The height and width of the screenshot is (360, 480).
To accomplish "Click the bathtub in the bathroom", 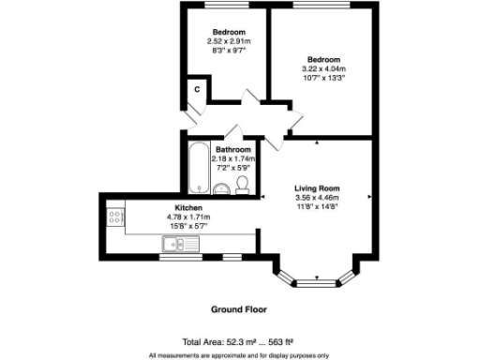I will click(198, 170).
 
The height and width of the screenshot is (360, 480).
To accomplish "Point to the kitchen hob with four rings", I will click(116, 217).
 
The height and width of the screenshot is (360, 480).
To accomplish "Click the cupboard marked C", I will click(195, 90).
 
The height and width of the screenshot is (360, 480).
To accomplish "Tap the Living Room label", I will click(316, 187).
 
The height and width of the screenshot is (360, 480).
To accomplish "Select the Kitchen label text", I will click(189, 207).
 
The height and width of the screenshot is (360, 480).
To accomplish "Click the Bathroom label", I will click(233, 150).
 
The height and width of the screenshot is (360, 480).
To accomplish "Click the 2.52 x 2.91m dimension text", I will click(229, 41).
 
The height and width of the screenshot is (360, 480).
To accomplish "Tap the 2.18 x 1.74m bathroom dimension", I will click(233, 159).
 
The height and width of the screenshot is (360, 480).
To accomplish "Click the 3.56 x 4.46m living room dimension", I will click(316, 198).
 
